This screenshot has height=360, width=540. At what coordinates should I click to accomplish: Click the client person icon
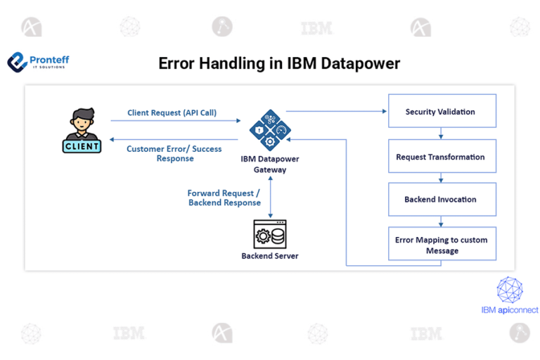point(82,129)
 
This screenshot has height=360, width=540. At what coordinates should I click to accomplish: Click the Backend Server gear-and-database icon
point(270,234)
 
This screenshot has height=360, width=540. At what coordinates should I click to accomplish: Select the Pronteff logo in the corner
point(38,63)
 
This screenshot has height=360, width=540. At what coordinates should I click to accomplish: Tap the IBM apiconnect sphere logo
point(510,290)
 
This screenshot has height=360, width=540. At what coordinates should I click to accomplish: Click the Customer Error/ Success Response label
point(174,153)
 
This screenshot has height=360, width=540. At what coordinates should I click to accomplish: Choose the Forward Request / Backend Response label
point(224,198)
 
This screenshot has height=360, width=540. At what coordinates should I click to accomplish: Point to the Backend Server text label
point(270,256)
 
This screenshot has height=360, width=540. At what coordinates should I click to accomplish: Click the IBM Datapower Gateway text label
point(270,164)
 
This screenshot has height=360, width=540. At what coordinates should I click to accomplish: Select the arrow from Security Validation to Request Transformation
point(441,134)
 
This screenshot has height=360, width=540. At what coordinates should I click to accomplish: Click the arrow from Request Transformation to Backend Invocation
point(441,178)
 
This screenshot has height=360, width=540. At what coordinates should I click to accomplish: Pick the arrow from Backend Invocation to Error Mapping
point(441,221)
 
